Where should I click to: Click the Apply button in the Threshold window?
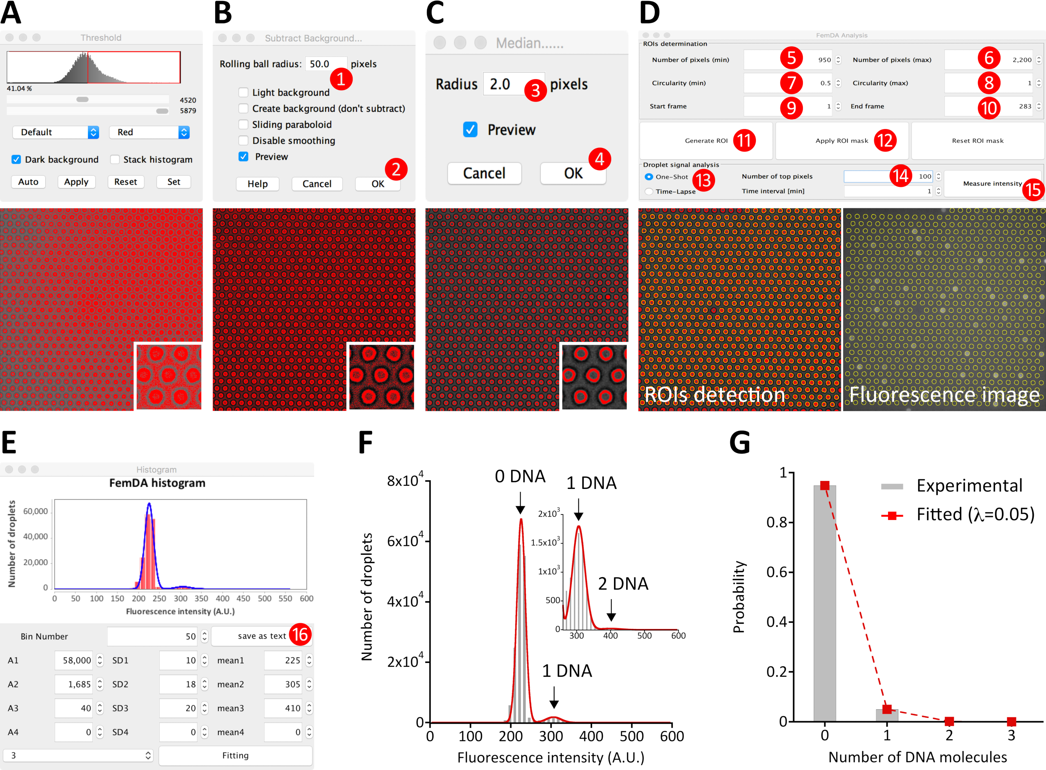[76, 182]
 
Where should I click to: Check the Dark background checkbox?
[16, 159]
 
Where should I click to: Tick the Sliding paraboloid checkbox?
[243, 124]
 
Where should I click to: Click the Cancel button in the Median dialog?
[484, 173]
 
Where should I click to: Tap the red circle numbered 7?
[791, 83]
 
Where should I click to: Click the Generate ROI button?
[706, 141]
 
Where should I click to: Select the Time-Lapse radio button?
[649, 191]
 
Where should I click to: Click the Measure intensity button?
[992, 184]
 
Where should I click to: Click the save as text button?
[261, 636]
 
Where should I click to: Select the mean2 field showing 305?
[283, 684]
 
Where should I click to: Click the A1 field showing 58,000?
[74, 660]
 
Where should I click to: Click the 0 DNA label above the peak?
[520, 476]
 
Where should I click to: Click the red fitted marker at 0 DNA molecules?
[825, 486]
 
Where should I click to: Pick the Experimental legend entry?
[969, 486]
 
